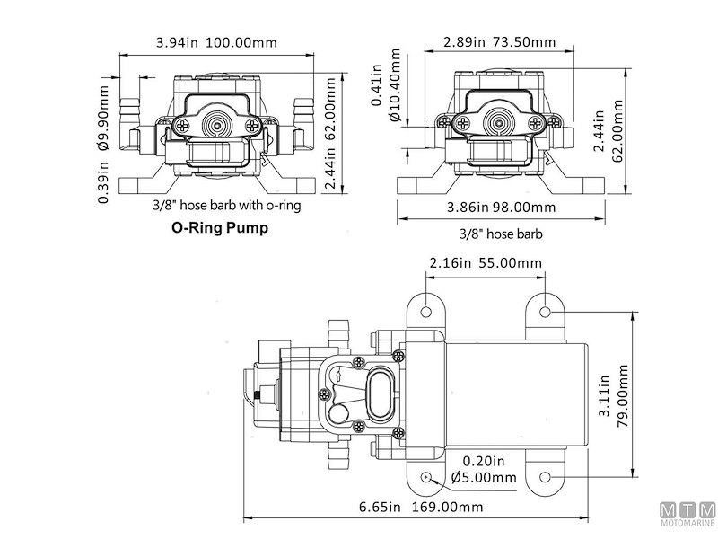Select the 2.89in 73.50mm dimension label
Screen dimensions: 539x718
(499, 41)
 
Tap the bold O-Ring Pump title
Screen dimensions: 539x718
(220, 228)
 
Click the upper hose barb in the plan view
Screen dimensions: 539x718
(339, 327)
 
